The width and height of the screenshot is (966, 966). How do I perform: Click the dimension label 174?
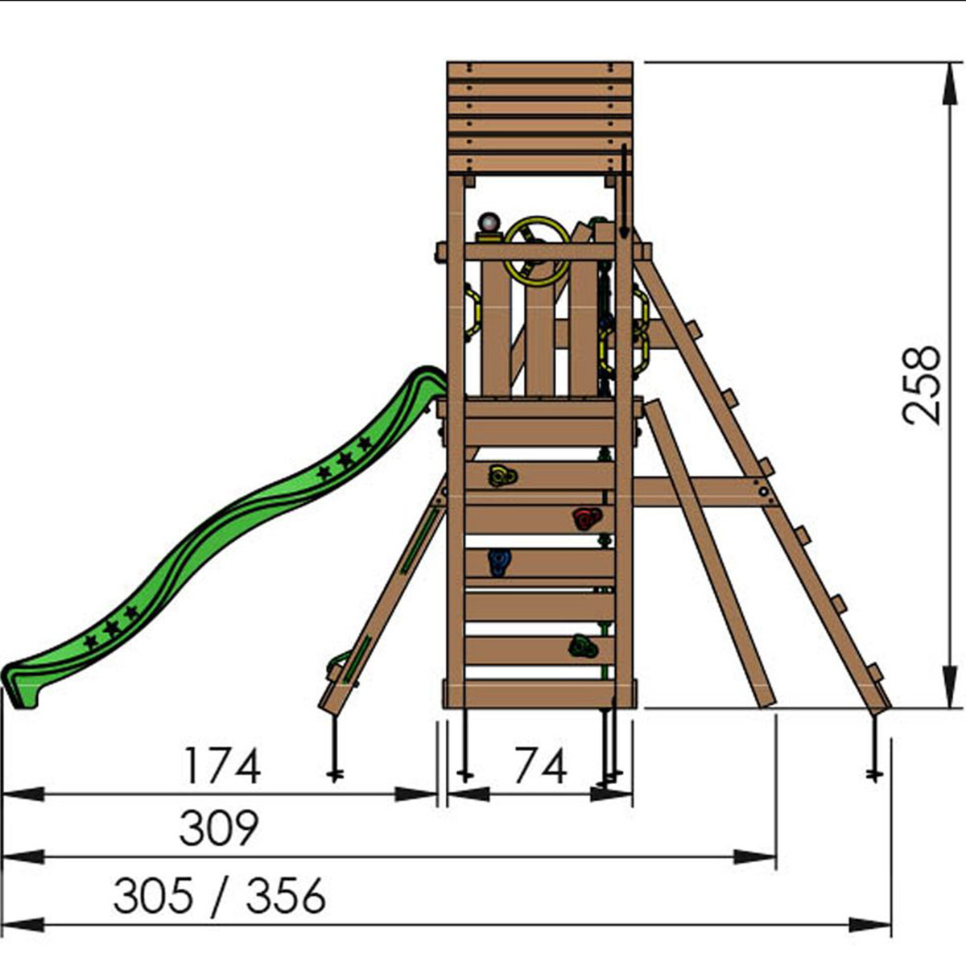[x=222, y=766]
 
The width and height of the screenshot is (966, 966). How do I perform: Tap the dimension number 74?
[x=541, y=766]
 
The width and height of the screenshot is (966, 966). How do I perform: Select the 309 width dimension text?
[x=219, y=828]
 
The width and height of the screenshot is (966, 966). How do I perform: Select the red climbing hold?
[x=587, y=518]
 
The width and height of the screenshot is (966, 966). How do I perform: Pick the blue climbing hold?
[x=500, y=562]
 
